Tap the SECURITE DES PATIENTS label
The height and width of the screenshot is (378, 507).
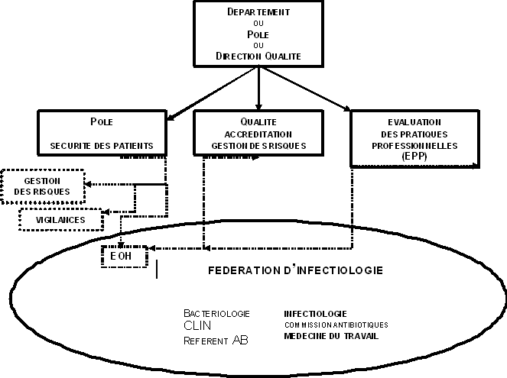(101, 145)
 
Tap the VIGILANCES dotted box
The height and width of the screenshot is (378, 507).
(61, 220)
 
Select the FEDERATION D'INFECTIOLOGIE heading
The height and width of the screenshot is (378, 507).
(296, 271)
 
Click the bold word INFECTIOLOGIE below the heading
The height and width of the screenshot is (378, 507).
(315, 313)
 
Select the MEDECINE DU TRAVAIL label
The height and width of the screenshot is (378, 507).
(330, 336)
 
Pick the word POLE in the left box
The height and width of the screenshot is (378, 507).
(101, 121)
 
